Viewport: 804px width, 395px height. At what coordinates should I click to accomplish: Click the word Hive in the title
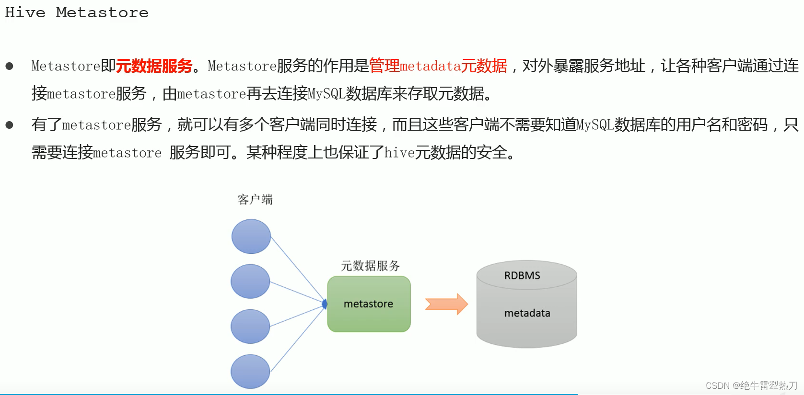pyautogui.click(x=25, y=12)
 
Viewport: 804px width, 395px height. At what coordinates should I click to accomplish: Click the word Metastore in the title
pyautogui.click(x=102, y=12)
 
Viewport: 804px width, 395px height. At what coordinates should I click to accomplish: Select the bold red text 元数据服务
pyautogui.click(x=154, y=66)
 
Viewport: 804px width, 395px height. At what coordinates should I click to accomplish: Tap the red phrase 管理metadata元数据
pyautogui.click(x=438, y=66)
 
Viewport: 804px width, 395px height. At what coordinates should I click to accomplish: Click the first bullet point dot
pyautogui.click(x=9, y=66)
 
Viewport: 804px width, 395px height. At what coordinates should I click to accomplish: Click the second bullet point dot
pyautogui.click(x=9, y=125)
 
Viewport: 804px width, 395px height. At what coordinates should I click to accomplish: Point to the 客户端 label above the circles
pyautogui.click(x=255, y=199)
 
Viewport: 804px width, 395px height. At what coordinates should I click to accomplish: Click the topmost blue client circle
pyautogui.click(x=251, y=237)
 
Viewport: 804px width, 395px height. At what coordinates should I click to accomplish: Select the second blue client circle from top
pyautogui.click(x=250, y=282)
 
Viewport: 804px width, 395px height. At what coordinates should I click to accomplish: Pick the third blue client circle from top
pyautogui.click(x=250, y=327)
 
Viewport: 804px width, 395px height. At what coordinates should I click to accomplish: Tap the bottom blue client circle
pyautogui.click(x=250, y=372)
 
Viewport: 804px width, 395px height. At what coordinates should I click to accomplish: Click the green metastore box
pyautogui.click(x=369, y=304)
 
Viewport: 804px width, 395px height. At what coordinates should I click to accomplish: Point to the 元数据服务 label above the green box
pyautogui.click(x=370, y=266)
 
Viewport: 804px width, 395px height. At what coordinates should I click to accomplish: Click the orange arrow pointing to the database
pyautogui.click(x=446, y=304)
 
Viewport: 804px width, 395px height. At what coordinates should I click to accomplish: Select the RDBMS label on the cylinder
pyautogui.click(x=522, y=276)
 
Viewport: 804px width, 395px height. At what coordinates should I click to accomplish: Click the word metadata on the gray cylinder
pyautogui.click(x=527, y=313)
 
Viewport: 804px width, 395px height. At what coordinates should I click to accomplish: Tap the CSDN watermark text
pyautogui.click(x=751, y=385)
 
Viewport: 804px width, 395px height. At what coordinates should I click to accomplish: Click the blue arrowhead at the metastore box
pyautogui.click(x=325, y=304)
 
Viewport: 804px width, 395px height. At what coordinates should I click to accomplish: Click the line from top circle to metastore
pyautogui.click(x=297, y=269)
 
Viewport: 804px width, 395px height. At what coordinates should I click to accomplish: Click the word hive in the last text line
pyautogui.click(x=399, y=153)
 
